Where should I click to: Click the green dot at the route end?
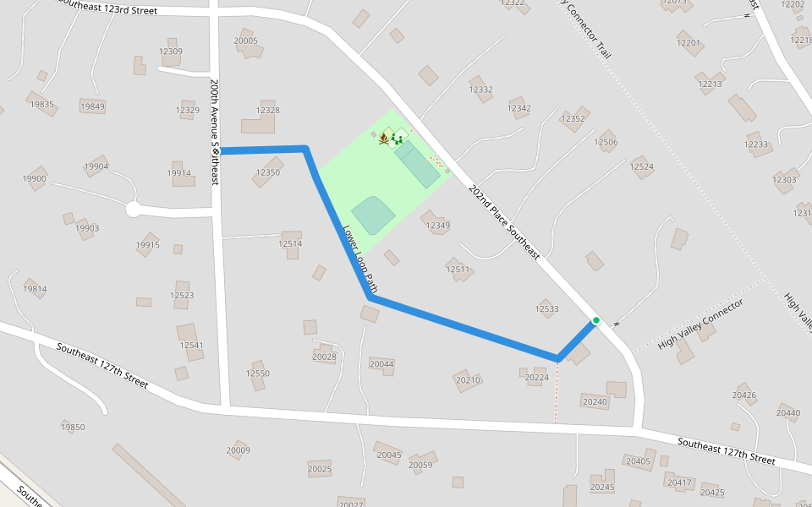tap(596, 320)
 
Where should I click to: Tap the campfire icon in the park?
tap(384, 138)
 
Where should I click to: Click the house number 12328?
tap(267, 111)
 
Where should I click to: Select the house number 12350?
tap(267, 172)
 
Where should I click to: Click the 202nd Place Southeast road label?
tap(504, 221)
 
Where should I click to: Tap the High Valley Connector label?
tap(700, 324)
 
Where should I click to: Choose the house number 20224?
tap(537, 378)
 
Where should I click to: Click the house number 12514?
tap(290, 243)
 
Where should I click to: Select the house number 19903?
tap(87, 228)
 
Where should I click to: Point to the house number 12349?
tap(438, 226)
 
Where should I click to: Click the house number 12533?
tap(547, 309)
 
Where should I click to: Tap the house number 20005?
tap(245, 41)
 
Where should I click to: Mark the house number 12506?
tap(606, 143)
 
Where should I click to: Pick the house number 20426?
tap(744, 395)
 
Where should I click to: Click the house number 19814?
tap(35, 289)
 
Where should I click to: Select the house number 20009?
tap(238, 450)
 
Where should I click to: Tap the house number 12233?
tap(756, 144)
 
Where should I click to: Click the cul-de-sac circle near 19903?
tap(133, 209)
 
